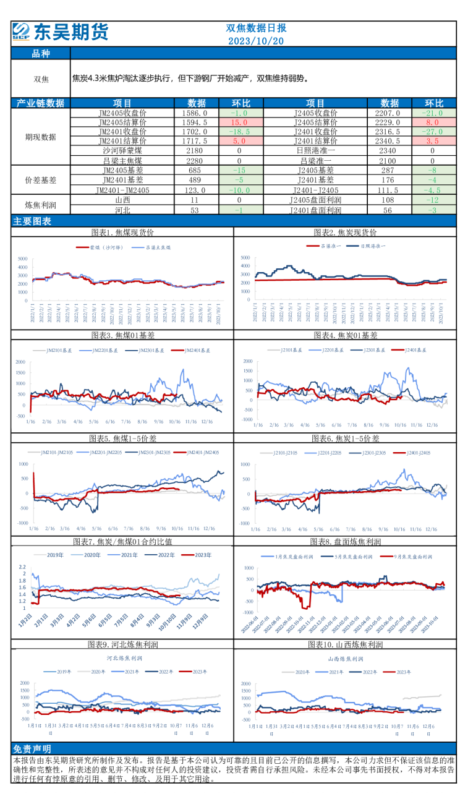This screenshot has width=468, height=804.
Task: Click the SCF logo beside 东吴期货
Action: coord(22,32)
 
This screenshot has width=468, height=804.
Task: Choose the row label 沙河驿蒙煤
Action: coord(122,150)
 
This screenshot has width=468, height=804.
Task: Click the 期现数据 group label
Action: coord(41,137)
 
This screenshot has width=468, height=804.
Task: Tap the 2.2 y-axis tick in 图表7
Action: coord(22,567)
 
